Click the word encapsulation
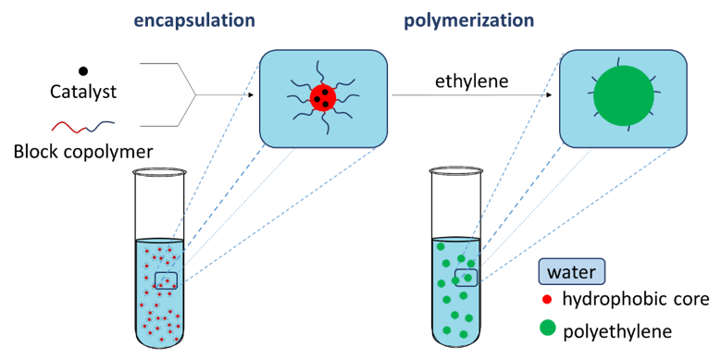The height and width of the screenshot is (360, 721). click(x=193, y=19)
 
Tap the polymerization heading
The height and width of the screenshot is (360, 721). click(x=468, y=19)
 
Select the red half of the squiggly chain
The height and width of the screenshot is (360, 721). click(x=68, y=128)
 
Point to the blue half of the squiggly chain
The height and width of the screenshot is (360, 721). click(x=102, y=125)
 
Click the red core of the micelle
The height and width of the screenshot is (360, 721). click(x=323, y=97)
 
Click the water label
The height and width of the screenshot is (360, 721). click(x=572, y=272)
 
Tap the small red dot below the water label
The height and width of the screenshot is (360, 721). click(x=547, y=300)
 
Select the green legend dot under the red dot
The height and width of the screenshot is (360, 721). click(x=548, y=327)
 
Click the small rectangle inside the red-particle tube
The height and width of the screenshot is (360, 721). click(x=166, y=280)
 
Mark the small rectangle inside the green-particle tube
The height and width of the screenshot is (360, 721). click(x=466, y=277)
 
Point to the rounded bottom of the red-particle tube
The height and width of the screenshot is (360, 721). click(x=161, y=341)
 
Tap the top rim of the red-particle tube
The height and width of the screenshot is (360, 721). click(x=160, y=239)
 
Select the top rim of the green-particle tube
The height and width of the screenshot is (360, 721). click(x=454, y=237)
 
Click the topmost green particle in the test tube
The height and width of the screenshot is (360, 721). click(x=441, y=247)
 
